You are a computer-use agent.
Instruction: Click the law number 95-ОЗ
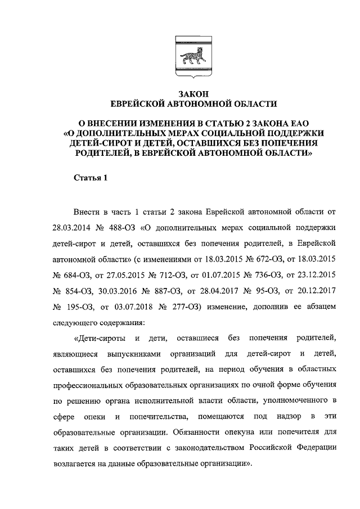click(253, 292)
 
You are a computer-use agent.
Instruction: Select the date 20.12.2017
click(317, 292)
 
